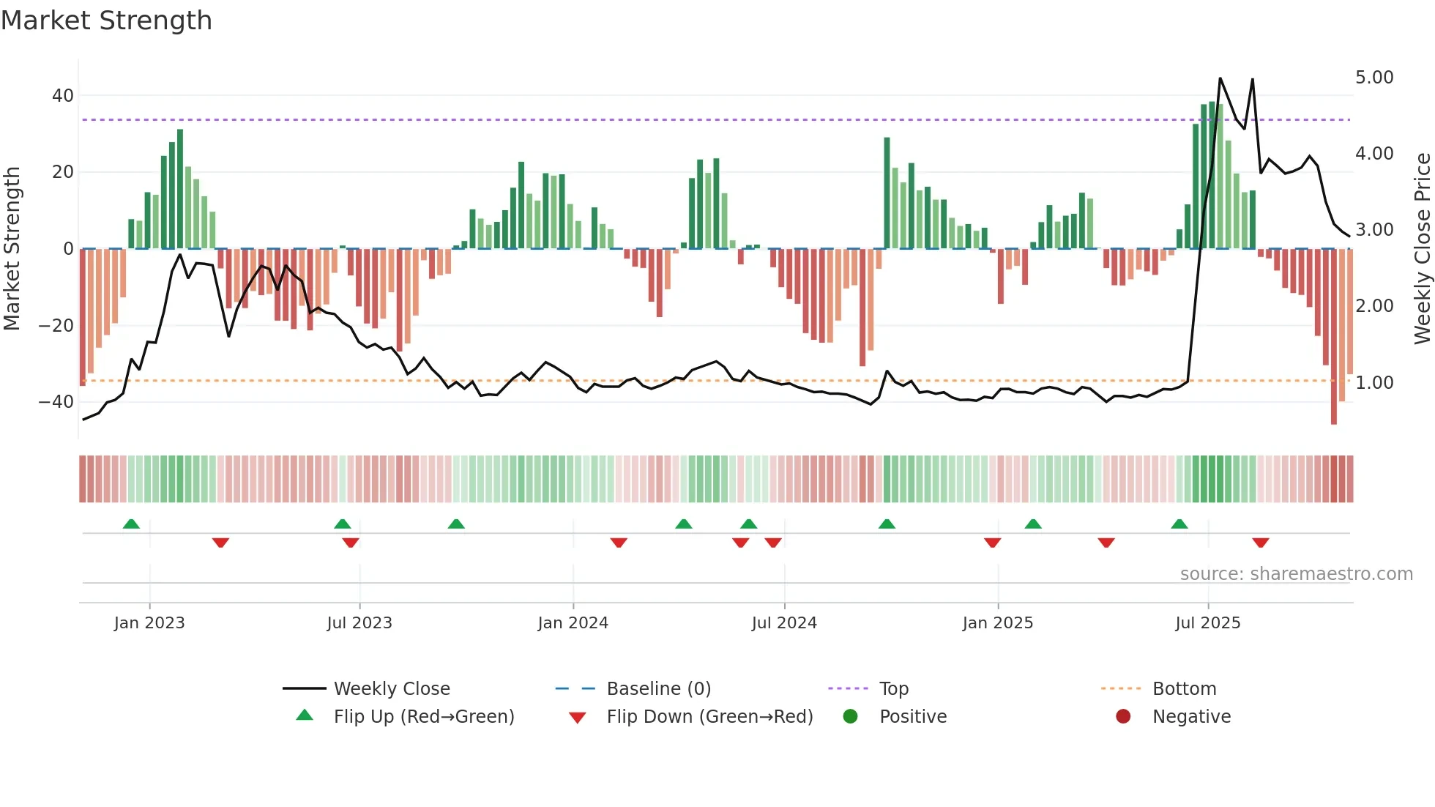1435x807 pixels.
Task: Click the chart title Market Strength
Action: click(x=106, y=21)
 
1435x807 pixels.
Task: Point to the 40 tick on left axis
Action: click(x=63, y=96)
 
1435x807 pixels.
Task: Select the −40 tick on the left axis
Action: click(x=56, y=402)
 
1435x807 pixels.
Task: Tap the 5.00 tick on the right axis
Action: click(x=1374, y=78)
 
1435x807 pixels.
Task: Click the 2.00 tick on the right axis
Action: click(x=1374, y=306)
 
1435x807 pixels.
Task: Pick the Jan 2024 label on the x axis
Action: click(x=573, y=623)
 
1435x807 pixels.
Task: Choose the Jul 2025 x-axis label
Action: click(x=1207, y=623)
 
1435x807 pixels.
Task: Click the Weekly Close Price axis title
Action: click(x=1422, y=248)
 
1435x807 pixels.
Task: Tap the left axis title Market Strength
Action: click(x=12, y=248)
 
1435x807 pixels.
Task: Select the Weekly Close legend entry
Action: click(x=392, y=689)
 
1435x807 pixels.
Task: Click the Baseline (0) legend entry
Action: click(x=658, y=689)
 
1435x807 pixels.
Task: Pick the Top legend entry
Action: click(x=893, y=689)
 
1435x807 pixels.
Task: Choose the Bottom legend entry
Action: click(x=1184, y=689)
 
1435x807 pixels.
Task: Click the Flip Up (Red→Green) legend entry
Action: click(x=423, y=717)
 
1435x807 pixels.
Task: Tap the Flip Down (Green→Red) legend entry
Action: click(x=709, y=717)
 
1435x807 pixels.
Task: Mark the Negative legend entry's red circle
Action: click(x=1123, y=717)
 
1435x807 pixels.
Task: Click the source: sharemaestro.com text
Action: click(x=1296, y=574)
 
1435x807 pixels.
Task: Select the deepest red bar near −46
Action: click(x=1333, y=337)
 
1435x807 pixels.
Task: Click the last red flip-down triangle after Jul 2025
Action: click(x=1260, y=543)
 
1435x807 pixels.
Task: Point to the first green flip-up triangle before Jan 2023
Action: click(x=131, y=524)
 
